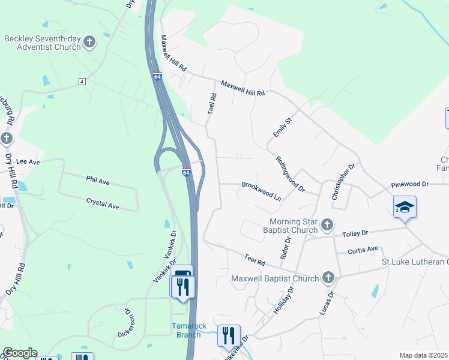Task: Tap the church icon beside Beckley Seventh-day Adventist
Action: point(89,42)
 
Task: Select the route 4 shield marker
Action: point(82,81)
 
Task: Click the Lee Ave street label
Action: point(28,162)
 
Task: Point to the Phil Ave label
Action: point(98,179)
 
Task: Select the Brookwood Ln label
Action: point(261,190)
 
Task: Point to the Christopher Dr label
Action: point(343,181)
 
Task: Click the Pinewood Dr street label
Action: point(409,184)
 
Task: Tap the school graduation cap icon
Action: point(405,207)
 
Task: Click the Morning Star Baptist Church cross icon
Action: point(327,225)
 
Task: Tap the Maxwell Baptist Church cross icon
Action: point(328,278)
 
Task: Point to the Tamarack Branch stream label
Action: point(188,331)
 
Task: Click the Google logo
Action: point(20,353)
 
